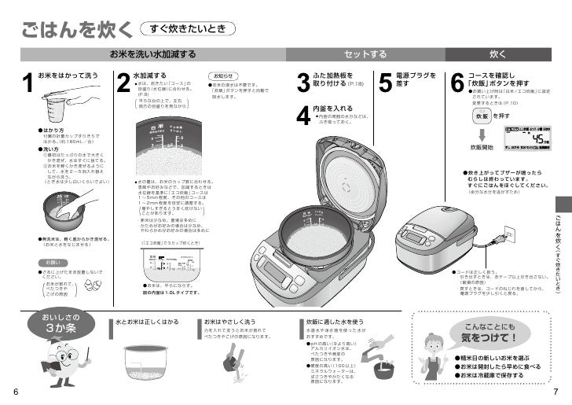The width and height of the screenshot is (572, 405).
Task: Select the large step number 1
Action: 27,88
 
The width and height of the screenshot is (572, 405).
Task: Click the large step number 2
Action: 123,88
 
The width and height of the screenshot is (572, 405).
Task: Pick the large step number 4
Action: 303,116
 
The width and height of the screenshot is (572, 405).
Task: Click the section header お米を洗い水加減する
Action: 152,53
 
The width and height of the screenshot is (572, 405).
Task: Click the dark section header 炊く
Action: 497,53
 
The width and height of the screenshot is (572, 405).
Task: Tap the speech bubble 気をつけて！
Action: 491,333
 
